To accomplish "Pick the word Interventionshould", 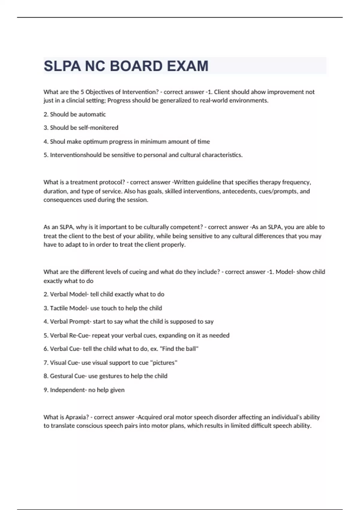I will (x=76, y=155).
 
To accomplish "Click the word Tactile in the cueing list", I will (x=59, y=308).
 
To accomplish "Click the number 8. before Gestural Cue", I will (x=46, y=376).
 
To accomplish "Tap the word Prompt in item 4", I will (x=79, y=322).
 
